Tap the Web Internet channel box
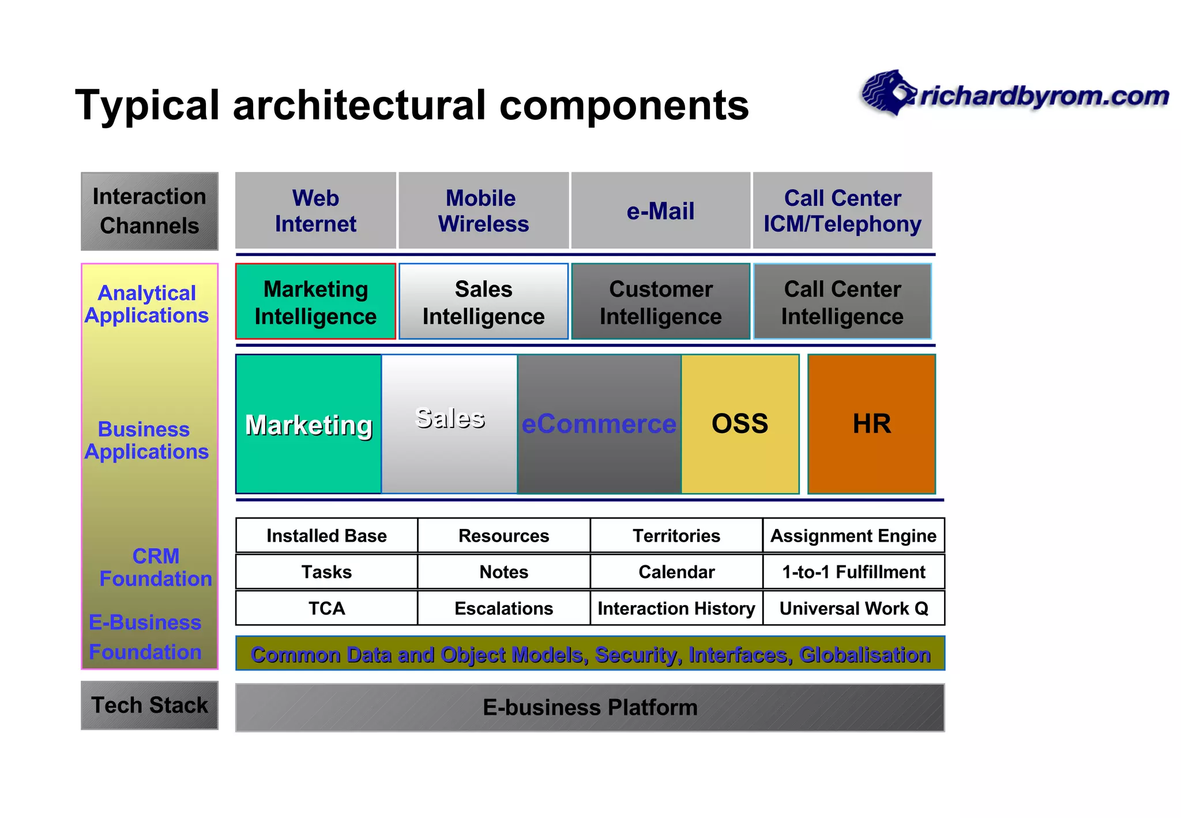point(315,211)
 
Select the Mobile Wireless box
point(483,211)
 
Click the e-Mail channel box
point(660,211)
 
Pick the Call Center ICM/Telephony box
point(842,211)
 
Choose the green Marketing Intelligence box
point(315,302)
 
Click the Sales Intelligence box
point(483,302)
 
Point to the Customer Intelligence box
point(660,302)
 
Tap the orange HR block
point(871,424)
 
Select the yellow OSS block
point(740,424)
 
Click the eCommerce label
point(599,424)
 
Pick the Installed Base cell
point(326,536)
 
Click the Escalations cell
point(503,608)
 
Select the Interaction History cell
point(676,608)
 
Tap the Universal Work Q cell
point(853,608)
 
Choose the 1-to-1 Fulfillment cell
point(853,572)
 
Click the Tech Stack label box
point(149,705)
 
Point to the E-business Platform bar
point(590,707)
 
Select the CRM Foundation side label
point(155,568)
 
